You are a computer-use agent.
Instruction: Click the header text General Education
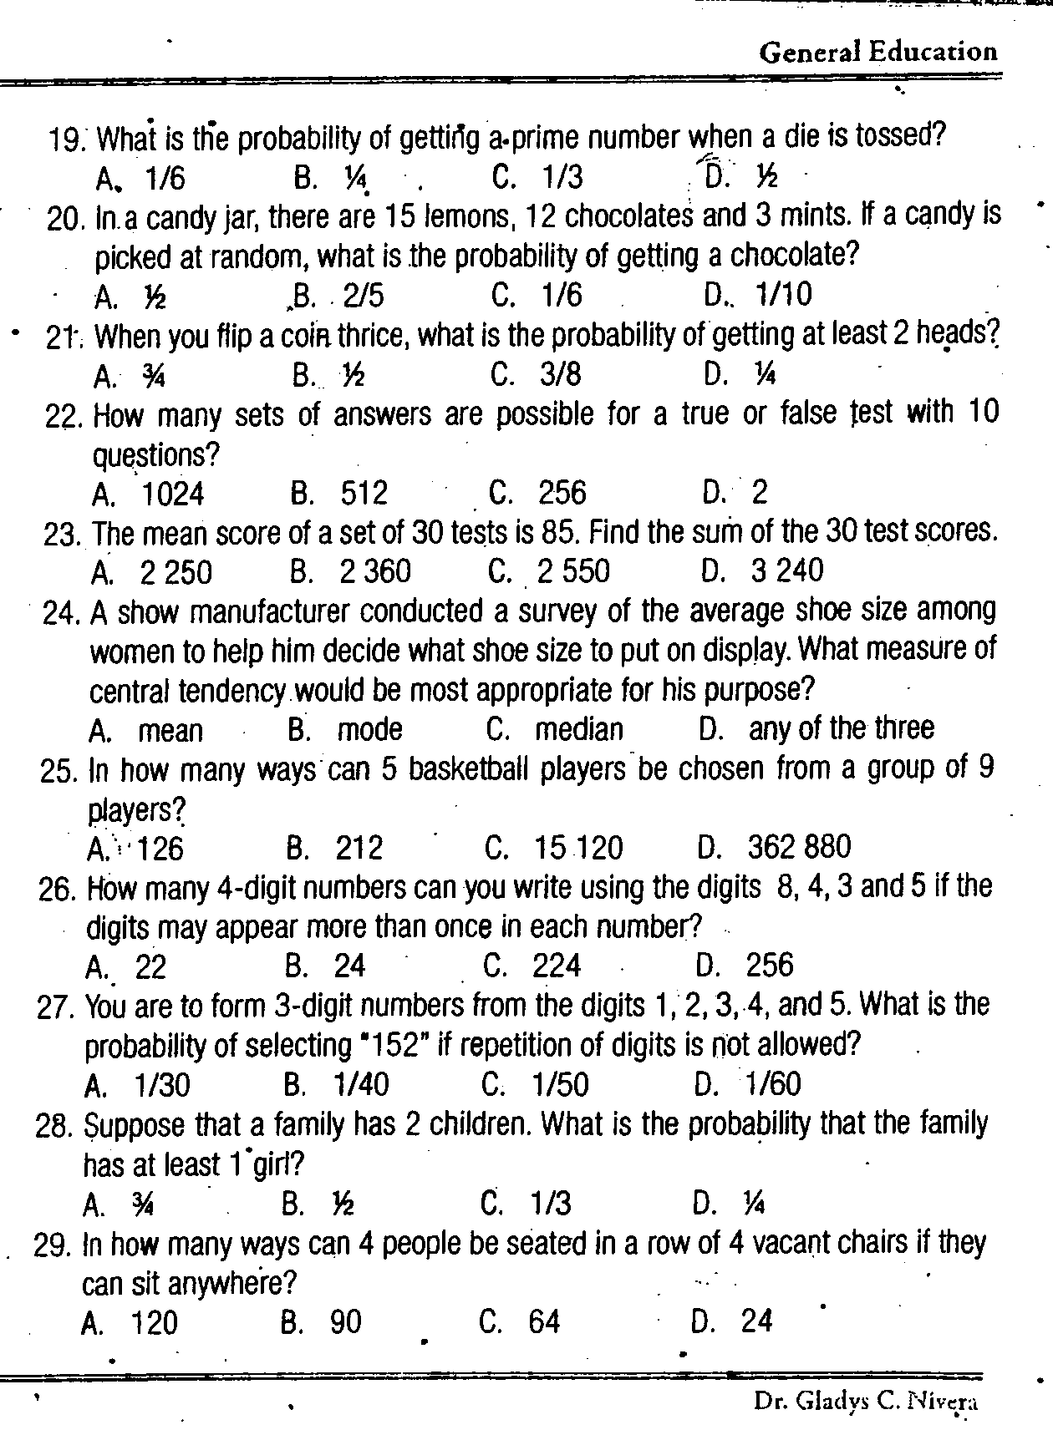pos(878,53)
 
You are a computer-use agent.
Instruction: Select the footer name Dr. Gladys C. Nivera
pos(865,1401)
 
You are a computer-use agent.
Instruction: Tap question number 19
pos(69,139)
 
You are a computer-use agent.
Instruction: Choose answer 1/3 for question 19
pos(562,177)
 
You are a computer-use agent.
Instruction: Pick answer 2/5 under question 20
pos(363,295)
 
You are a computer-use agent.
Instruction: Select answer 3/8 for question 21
pos(560,375)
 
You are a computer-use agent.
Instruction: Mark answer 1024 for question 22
pos(173,494)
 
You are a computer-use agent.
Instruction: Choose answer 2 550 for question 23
pos(573,571)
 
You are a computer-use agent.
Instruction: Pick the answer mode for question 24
pos(369,730)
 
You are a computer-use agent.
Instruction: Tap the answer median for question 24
pos(579,730)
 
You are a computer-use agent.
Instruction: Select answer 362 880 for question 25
pos(799,848)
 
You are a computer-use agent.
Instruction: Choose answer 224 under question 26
pos(556,966)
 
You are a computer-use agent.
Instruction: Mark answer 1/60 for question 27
pos(773,1084)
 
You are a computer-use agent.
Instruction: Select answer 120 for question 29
pos(155,1323)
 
